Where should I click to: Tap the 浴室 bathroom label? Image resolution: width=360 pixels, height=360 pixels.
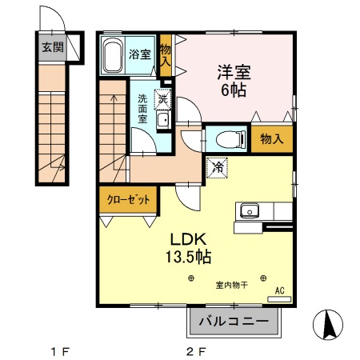142,54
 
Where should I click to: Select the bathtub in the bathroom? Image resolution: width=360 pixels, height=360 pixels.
113,55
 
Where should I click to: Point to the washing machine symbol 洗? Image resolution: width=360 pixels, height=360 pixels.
163,100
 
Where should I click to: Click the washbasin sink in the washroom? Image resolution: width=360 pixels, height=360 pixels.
163,121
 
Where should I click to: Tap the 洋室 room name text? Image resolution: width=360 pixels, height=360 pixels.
234,72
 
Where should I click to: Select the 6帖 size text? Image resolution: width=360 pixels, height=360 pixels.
234,90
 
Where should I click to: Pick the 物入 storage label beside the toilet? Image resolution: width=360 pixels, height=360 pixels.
272,138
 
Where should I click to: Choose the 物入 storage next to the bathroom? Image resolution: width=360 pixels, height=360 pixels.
166,55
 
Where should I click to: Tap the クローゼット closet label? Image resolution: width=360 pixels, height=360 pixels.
128,200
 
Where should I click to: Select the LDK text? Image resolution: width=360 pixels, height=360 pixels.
189,239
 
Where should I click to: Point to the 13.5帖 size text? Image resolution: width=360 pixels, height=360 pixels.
189,258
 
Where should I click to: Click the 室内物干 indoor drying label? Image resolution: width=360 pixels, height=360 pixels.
230,285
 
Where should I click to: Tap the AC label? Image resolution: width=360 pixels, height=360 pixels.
279,291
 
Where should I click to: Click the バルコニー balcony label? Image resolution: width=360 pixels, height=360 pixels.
237,322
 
